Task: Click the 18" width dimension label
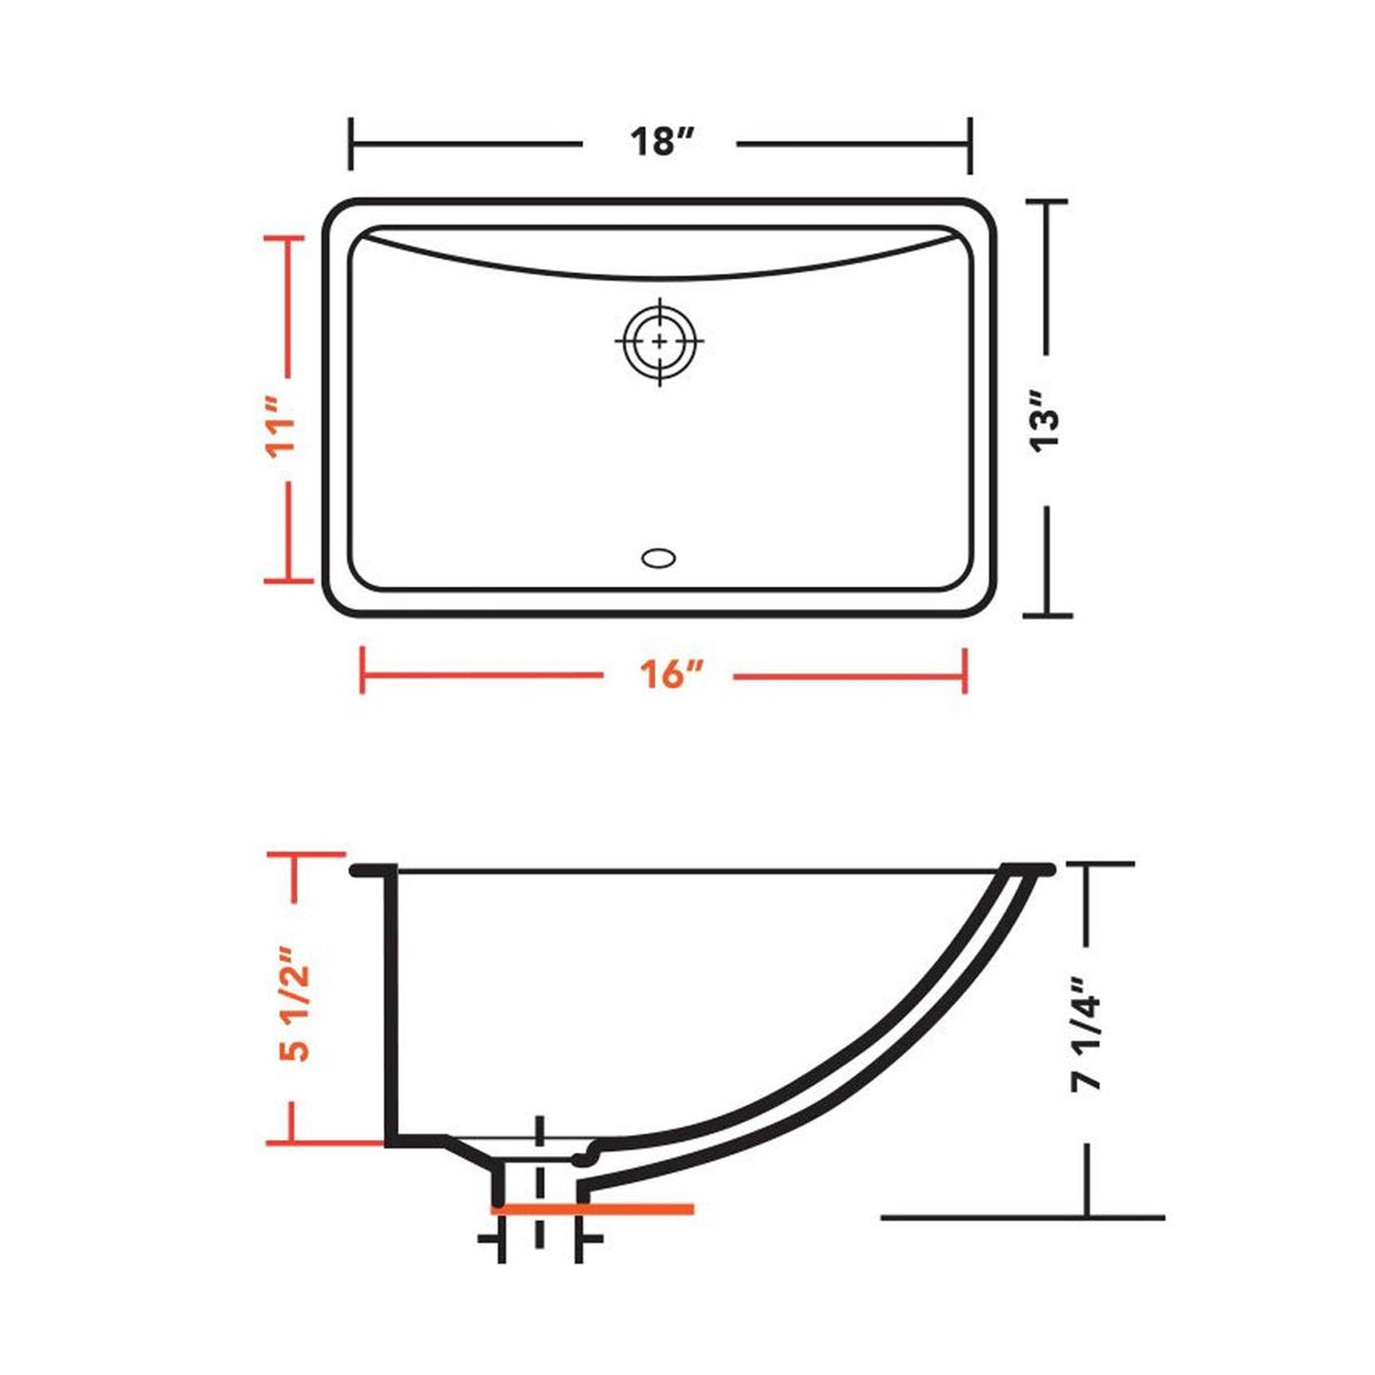pos(659,143)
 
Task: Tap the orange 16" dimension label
pos(670,676)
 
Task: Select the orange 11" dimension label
pos(283,435)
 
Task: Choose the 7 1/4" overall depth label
pos(1087,1033)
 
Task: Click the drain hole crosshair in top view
pos(658,341)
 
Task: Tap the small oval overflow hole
pos(658,558)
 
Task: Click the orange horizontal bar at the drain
pos(592,1209)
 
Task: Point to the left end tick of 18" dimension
pos(351,145)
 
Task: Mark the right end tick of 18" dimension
pos(970,145)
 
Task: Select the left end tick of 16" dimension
pos(362,670)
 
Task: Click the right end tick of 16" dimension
pos(966,670)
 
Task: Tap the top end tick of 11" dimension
pos(287,239)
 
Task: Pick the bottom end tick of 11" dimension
pos(287,579)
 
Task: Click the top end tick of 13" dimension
pos(1046,202)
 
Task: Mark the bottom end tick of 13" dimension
pos(1047,615)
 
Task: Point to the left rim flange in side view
pos(371,870)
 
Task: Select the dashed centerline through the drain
pos(540,1189)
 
